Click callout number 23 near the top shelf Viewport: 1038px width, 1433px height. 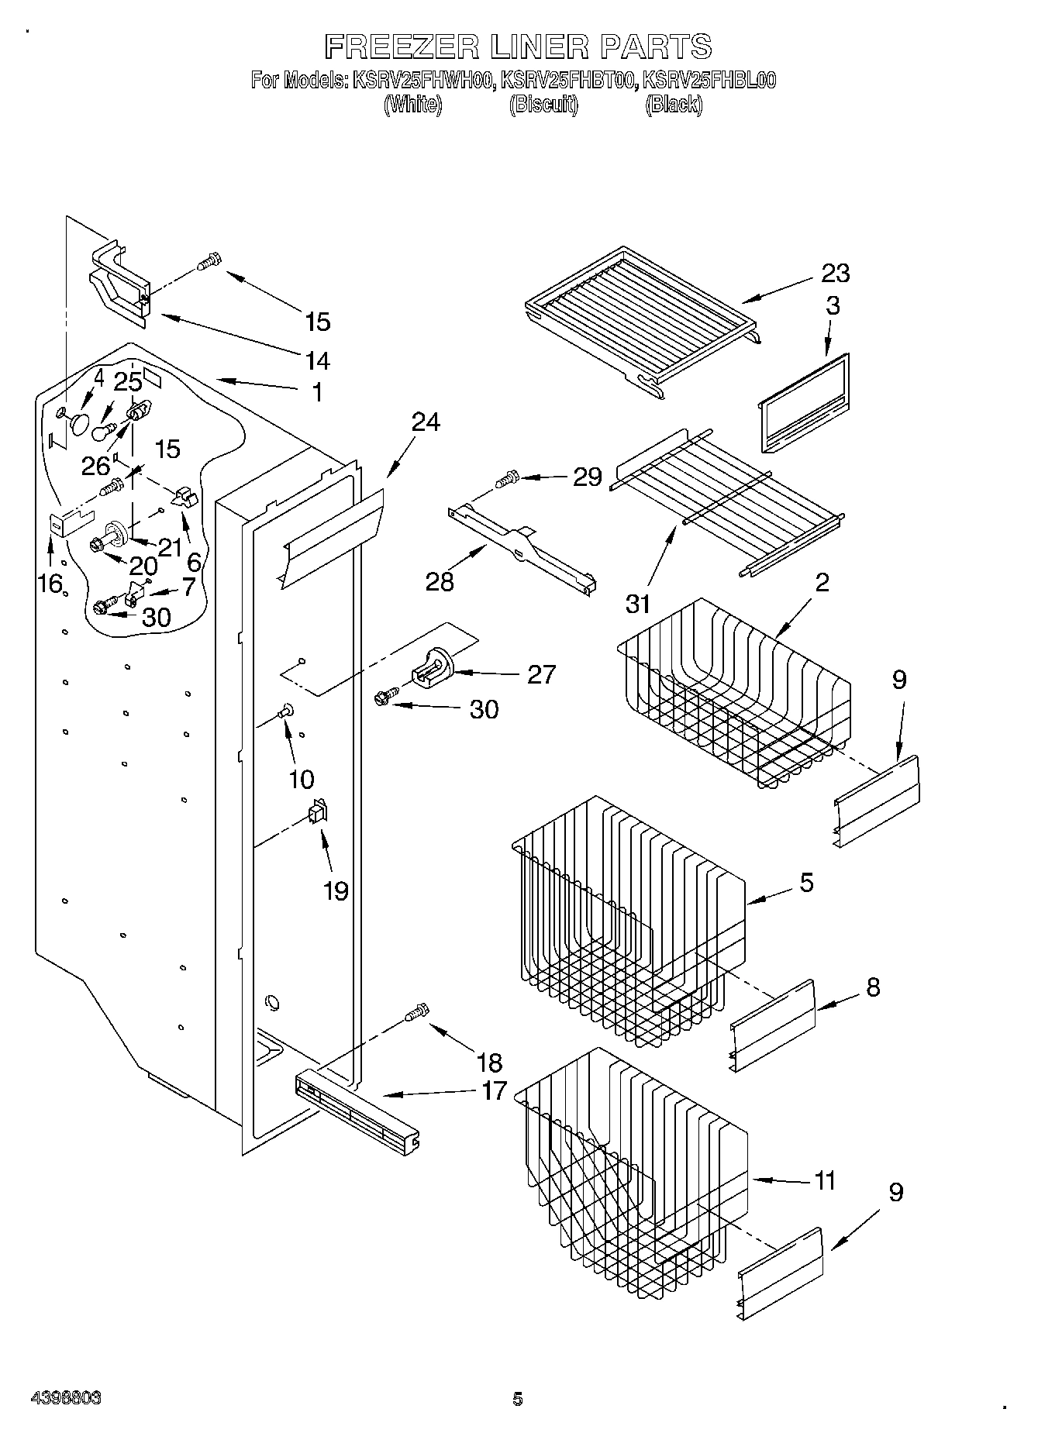point(836,274)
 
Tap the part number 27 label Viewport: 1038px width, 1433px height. point(541,674)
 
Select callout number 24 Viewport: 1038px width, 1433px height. point(426,422)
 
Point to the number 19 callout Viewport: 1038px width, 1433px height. point(336,891)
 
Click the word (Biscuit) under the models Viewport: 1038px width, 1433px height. point(543,105)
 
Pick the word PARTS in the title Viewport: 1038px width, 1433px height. point(655,47)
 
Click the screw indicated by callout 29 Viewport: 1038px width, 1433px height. point(509,480)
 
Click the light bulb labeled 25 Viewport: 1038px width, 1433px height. point(104,429)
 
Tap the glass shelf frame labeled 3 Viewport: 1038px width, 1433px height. point(803,402)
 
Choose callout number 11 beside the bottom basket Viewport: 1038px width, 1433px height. point(825,1181)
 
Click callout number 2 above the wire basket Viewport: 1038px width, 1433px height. point(822,583)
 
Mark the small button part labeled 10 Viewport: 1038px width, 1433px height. point(286,708)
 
